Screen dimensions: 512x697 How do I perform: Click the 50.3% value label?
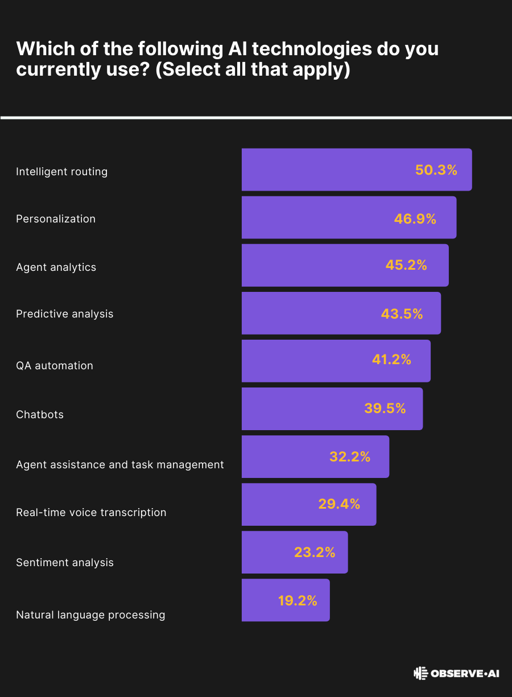click(436, 170)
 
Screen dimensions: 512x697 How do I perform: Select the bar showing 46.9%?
click(349, 217)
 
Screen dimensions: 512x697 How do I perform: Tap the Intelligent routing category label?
click(62, 171)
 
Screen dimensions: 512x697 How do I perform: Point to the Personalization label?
click(56, 218)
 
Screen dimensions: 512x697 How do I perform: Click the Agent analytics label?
click(56, 267)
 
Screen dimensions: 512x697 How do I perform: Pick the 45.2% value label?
click(406, 265)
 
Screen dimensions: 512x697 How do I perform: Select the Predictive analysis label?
click(65, 314)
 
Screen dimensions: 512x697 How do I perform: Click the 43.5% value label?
click(402, 314)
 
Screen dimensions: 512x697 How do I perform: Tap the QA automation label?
click(55, 365)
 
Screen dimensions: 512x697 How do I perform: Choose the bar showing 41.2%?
click(336, 361)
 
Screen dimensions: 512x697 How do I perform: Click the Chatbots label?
click(40, 414)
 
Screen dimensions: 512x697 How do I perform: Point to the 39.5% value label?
click(385, 409)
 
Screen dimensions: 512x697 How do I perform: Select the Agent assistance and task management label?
click(120, 464)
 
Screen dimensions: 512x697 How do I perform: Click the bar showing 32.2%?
click(315, 456)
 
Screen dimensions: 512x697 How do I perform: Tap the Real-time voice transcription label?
click(91, 513)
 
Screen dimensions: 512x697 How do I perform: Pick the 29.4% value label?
click(339, 504)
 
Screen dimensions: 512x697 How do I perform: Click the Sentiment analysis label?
click(65, 563)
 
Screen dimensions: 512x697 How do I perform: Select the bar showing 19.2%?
click(286, 600)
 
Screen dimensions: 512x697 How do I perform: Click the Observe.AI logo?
click(456, 673)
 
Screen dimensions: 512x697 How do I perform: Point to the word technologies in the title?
click(312, 49)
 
